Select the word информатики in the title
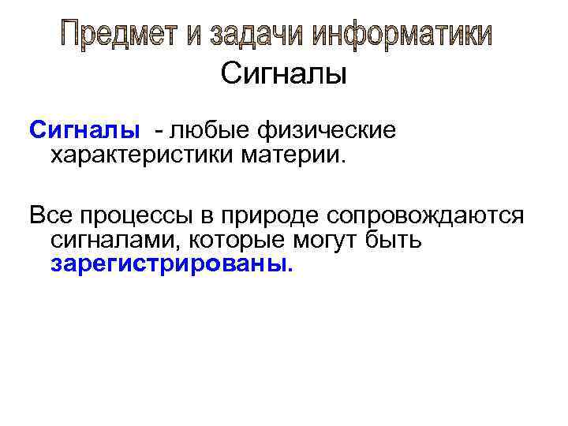[403, 35]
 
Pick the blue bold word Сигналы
[84, 129]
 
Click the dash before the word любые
[160, 129]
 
